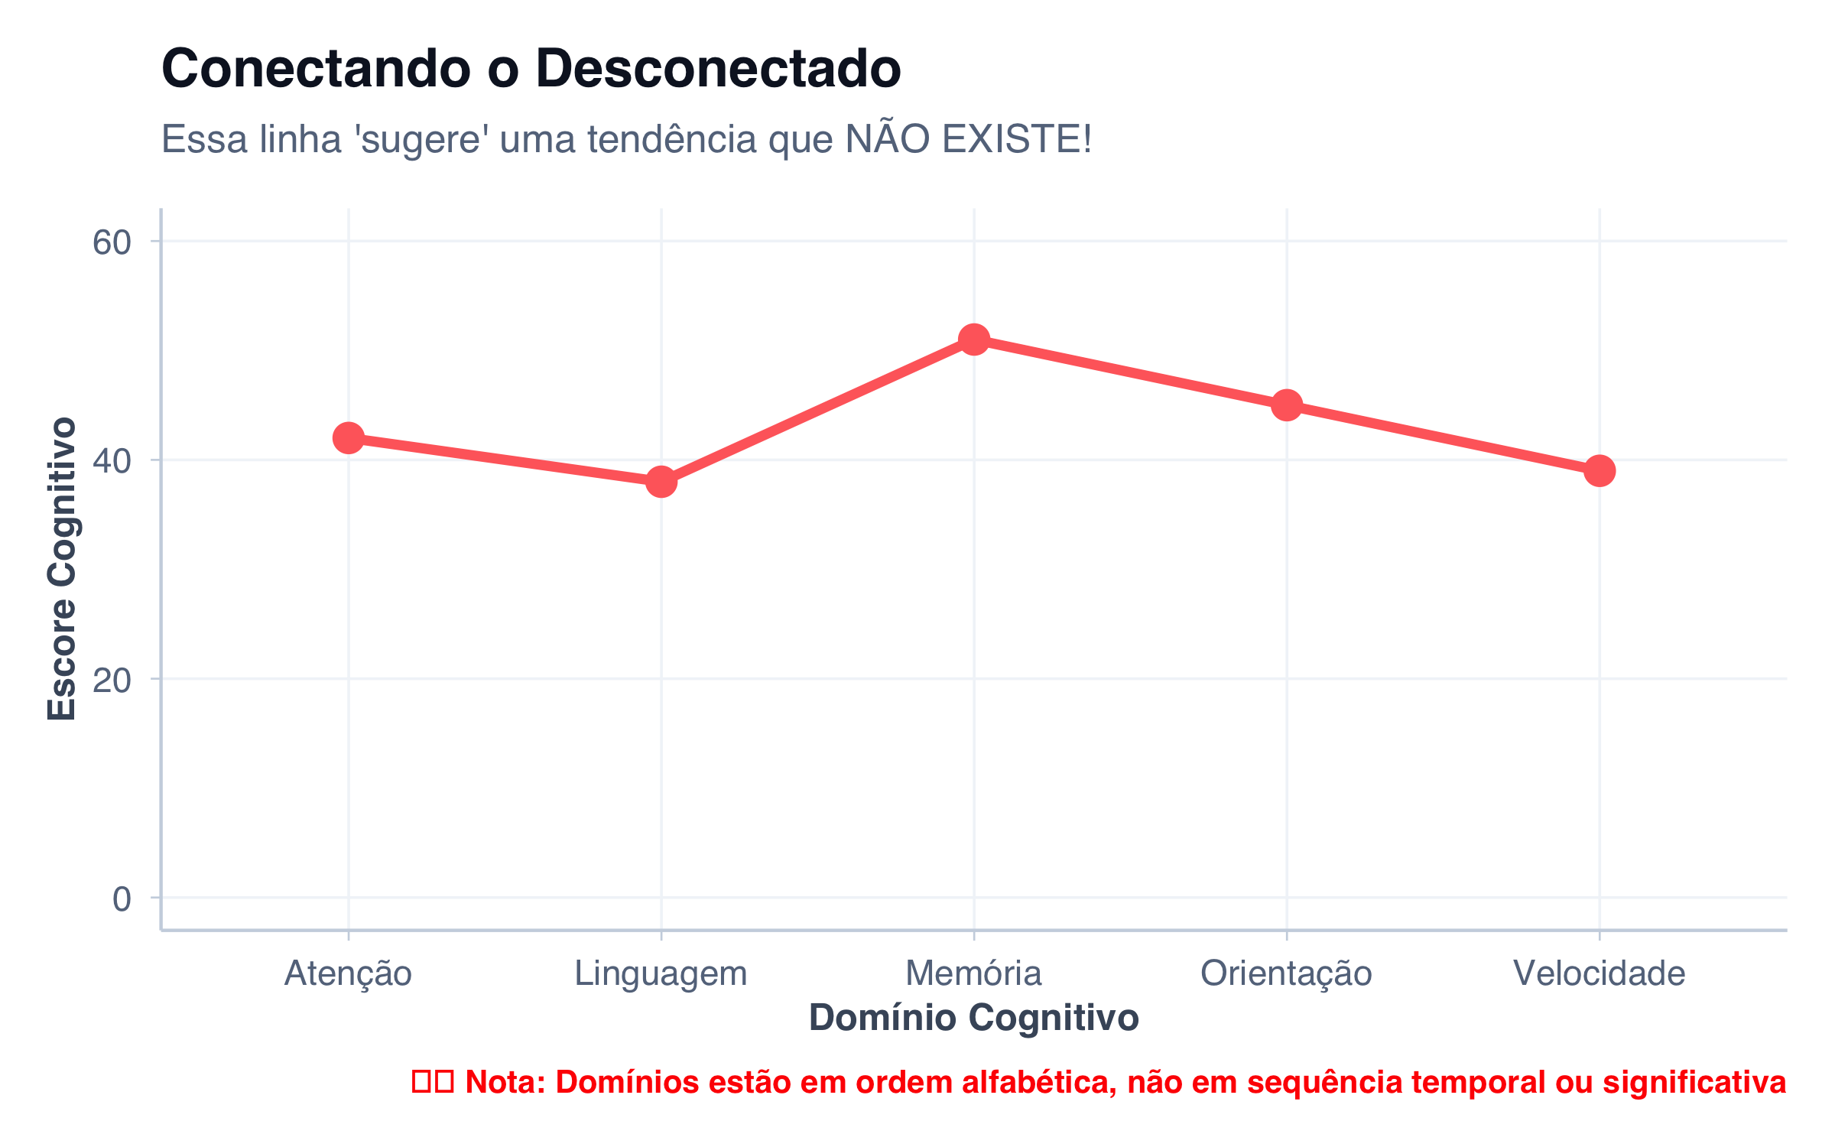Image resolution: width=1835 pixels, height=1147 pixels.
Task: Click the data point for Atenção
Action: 349,437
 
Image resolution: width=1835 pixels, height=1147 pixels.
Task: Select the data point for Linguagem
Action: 661,482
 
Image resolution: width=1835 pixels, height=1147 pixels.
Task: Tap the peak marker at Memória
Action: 973,339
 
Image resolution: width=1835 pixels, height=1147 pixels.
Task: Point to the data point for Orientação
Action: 1287,405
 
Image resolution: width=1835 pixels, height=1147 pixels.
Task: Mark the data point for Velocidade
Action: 1600,470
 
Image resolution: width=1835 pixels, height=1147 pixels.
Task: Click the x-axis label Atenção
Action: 349,973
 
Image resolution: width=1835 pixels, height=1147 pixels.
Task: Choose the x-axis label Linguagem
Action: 661,973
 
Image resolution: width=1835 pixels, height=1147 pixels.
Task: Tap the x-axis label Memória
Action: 973,973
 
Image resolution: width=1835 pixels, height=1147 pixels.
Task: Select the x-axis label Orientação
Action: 1287,973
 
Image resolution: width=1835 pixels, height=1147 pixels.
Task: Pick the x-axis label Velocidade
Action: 1600,973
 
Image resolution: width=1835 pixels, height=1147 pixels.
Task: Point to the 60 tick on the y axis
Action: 112,242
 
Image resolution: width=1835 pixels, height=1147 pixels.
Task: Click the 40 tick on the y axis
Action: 112,461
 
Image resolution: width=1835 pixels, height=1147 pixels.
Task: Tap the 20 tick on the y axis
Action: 112,680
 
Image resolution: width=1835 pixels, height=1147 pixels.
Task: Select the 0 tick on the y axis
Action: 122,899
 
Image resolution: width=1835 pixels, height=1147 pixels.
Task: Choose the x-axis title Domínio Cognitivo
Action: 974,1018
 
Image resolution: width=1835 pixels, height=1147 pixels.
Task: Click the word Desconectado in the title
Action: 719,69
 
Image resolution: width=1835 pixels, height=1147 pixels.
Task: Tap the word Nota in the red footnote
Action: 505,1082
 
